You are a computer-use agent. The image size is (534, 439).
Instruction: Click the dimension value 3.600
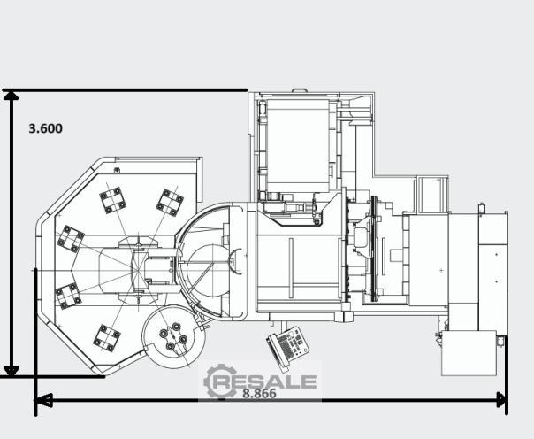point(46,128)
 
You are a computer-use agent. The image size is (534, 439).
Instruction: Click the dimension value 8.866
point(260,393)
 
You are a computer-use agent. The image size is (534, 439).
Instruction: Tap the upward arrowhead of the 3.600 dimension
point(11,96)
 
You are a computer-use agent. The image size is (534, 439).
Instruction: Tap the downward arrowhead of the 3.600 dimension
point(11,371)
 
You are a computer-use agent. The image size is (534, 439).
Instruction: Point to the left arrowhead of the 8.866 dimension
point(43,400)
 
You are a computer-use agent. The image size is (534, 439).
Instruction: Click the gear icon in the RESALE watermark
point(219,381)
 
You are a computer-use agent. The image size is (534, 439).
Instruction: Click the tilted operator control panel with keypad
point(288,345)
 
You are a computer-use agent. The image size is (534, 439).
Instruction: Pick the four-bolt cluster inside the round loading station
point(173,336)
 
